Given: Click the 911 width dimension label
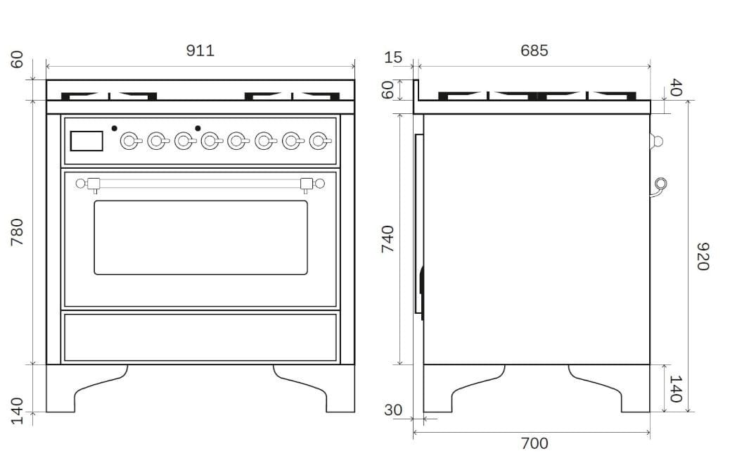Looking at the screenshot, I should click(x=200, y=51).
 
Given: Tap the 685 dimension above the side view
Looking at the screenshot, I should click(x=534, y=51).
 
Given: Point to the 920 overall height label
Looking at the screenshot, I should click(x=703, y=256).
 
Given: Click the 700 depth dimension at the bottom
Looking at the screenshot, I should click(x=534, y=443).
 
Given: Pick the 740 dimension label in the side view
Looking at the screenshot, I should click(x=387, y=239).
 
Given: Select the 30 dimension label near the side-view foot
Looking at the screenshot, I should click(x=394, y=410).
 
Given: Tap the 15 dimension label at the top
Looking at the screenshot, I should click(x=394, y=57).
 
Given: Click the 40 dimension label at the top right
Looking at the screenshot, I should click(x=674, y=88).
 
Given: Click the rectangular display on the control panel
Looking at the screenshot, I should click(x=87, y=141).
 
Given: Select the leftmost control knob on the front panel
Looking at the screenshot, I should click(x=129, y=141).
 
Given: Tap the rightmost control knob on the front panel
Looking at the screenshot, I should click(x=319, y=141).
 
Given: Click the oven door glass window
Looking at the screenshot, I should click(x=201, y=237).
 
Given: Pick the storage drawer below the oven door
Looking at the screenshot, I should click(x=200, y=337).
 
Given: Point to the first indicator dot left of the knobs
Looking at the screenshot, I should click(x=114, y=128).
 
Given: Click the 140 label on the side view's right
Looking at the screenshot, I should click(x=674, y=388).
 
